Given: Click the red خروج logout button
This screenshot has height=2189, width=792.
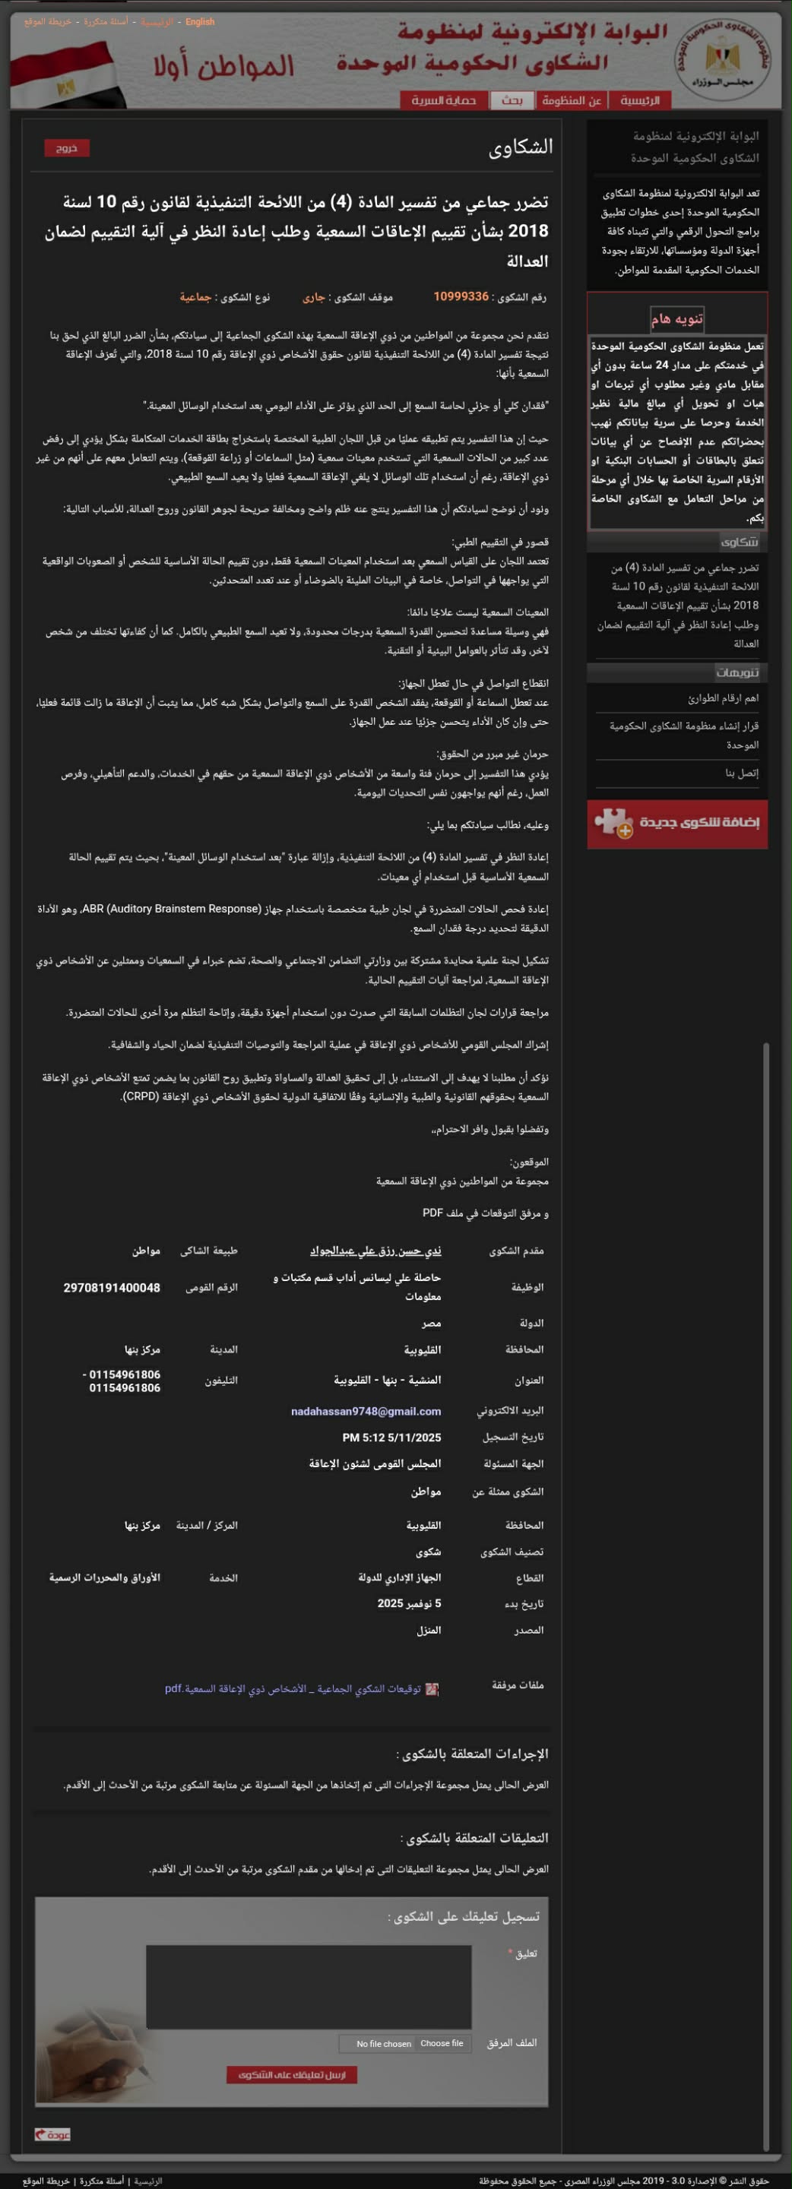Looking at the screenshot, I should tap(66, 148).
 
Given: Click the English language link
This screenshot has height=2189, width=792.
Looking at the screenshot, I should tap(200, 22).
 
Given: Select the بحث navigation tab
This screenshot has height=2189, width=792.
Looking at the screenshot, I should tap(512, 100).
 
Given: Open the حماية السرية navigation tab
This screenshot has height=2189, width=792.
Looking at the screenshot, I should tap(444, 100).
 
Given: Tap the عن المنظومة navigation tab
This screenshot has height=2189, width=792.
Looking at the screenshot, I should tap(571, 100).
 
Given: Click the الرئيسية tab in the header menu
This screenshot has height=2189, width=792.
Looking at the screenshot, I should tap(639, 100).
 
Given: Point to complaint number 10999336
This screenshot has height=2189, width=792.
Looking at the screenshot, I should tap(461, 296).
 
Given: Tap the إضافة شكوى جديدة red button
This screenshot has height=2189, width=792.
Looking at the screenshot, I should tap(677, 824).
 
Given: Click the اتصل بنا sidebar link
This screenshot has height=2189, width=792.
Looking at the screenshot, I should tap(741, 773).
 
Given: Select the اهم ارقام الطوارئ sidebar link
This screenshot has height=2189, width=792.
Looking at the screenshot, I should tap(723, 698).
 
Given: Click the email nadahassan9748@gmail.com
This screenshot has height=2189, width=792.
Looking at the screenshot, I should tap(366, 1412).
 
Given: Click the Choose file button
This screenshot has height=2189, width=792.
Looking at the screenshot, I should tap(441, 2043).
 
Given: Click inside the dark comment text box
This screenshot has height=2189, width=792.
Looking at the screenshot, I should tap(309, 1987).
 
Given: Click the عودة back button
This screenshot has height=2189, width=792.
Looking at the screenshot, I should tap(52, 2134).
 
